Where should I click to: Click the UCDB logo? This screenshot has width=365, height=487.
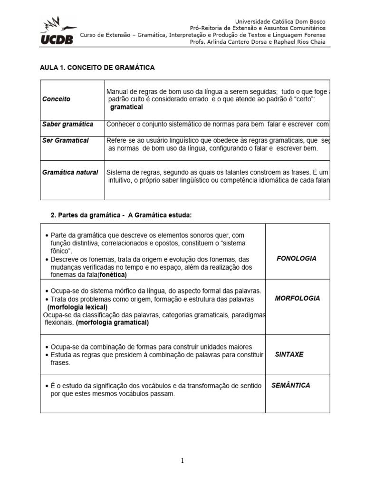pos(58,31)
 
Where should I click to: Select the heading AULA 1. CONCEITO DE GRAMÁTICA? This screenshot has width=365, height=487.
pos(97,68)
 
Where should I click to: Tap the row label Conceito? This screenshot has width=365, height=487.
pos(57,99)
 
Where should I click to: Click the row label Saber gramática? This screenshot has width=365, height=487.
pos(68,124)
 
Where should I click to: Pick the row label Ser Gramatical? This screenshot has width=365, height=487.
pos(66,140)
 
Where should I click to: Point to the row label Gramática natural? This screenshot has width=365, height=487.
pos(70,172)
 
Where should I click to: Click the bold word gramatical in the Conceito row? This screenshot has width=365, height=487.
pos(126,107)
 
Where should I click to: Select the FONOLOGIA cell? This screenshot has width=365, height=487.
pos(297,258)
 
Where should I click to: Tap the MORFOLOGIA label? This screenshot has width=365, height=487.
pos(298,298)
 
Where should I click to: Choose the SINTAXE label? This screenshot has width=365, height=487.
pos(289,354)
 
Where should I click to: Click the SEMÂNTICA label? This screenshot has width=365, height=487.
pos(291,385)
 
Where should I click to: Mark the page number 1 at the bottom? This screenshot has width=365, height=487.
pos(182,460)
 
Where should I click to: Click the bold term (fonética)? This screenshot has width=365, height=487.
pos(113,275)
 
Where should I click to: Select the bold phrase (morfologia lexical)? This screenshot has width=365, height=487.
pos(77,307)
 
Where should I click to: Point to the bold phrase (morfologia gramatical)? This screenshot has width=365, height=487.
pos(112,322)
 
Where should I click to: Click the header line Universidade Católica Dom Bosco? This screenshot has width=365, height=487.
pos(280,22)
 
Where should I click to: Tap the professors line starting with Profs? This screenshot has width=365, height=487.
pos(258,42)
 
